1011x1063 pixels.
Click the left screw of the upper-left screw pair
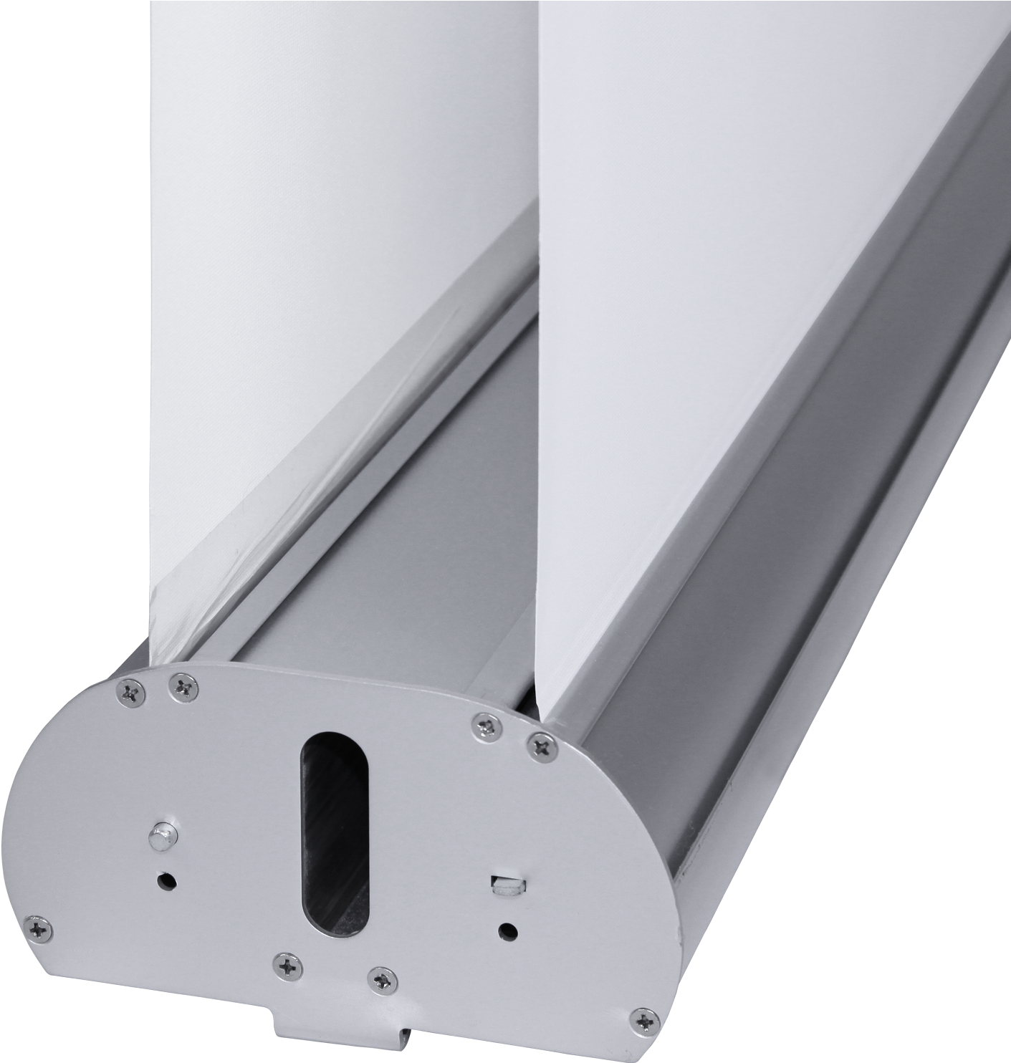tap(130, 692)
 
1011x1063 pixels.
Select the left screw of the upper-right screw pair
tap(487, 726)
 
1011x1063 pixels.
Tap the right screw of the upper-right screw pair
tap(542, 746)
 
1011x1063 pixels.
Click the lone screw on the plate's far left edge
tap(37, 929)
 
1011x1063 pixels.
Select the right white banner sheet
tap(717, 251)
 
